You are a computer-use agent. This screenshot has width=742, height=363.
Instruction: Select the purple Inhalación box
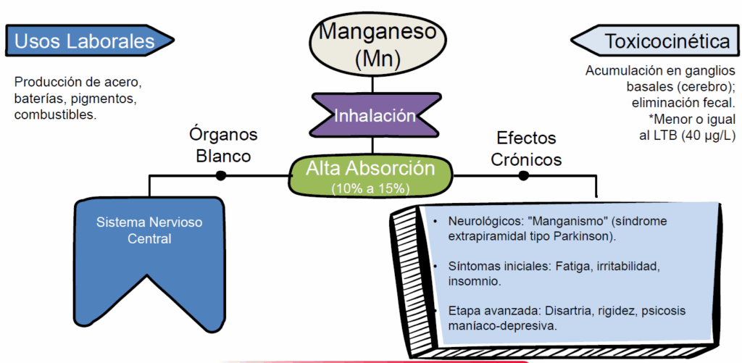point(374,115)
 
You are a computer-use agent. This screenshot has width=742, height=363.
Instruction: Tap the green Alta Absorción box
point(370,175)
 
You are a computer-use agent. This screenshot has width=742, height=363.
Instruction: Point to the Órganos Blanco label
point(222,145)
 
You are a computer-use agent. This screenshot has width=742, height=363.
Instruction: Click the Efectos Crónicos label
point(526,148)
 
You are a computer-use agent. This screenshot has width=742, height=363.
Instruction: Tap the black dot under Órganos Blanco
point(221,175)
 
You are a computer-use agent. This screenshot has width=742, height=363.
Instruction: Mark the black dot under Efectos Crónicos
point(523,175)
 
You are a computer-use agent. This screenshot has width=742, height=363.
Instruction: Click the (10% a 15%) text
point(370,188)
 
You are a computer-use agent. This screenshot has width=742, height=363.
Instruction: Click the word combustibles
point(54,114)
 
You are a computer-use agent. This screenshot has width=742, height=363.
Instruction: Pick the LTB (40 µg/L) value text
point(687,136)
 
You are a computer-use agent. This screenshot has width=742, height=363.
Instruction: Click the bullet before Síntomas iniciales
point(434,266)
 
